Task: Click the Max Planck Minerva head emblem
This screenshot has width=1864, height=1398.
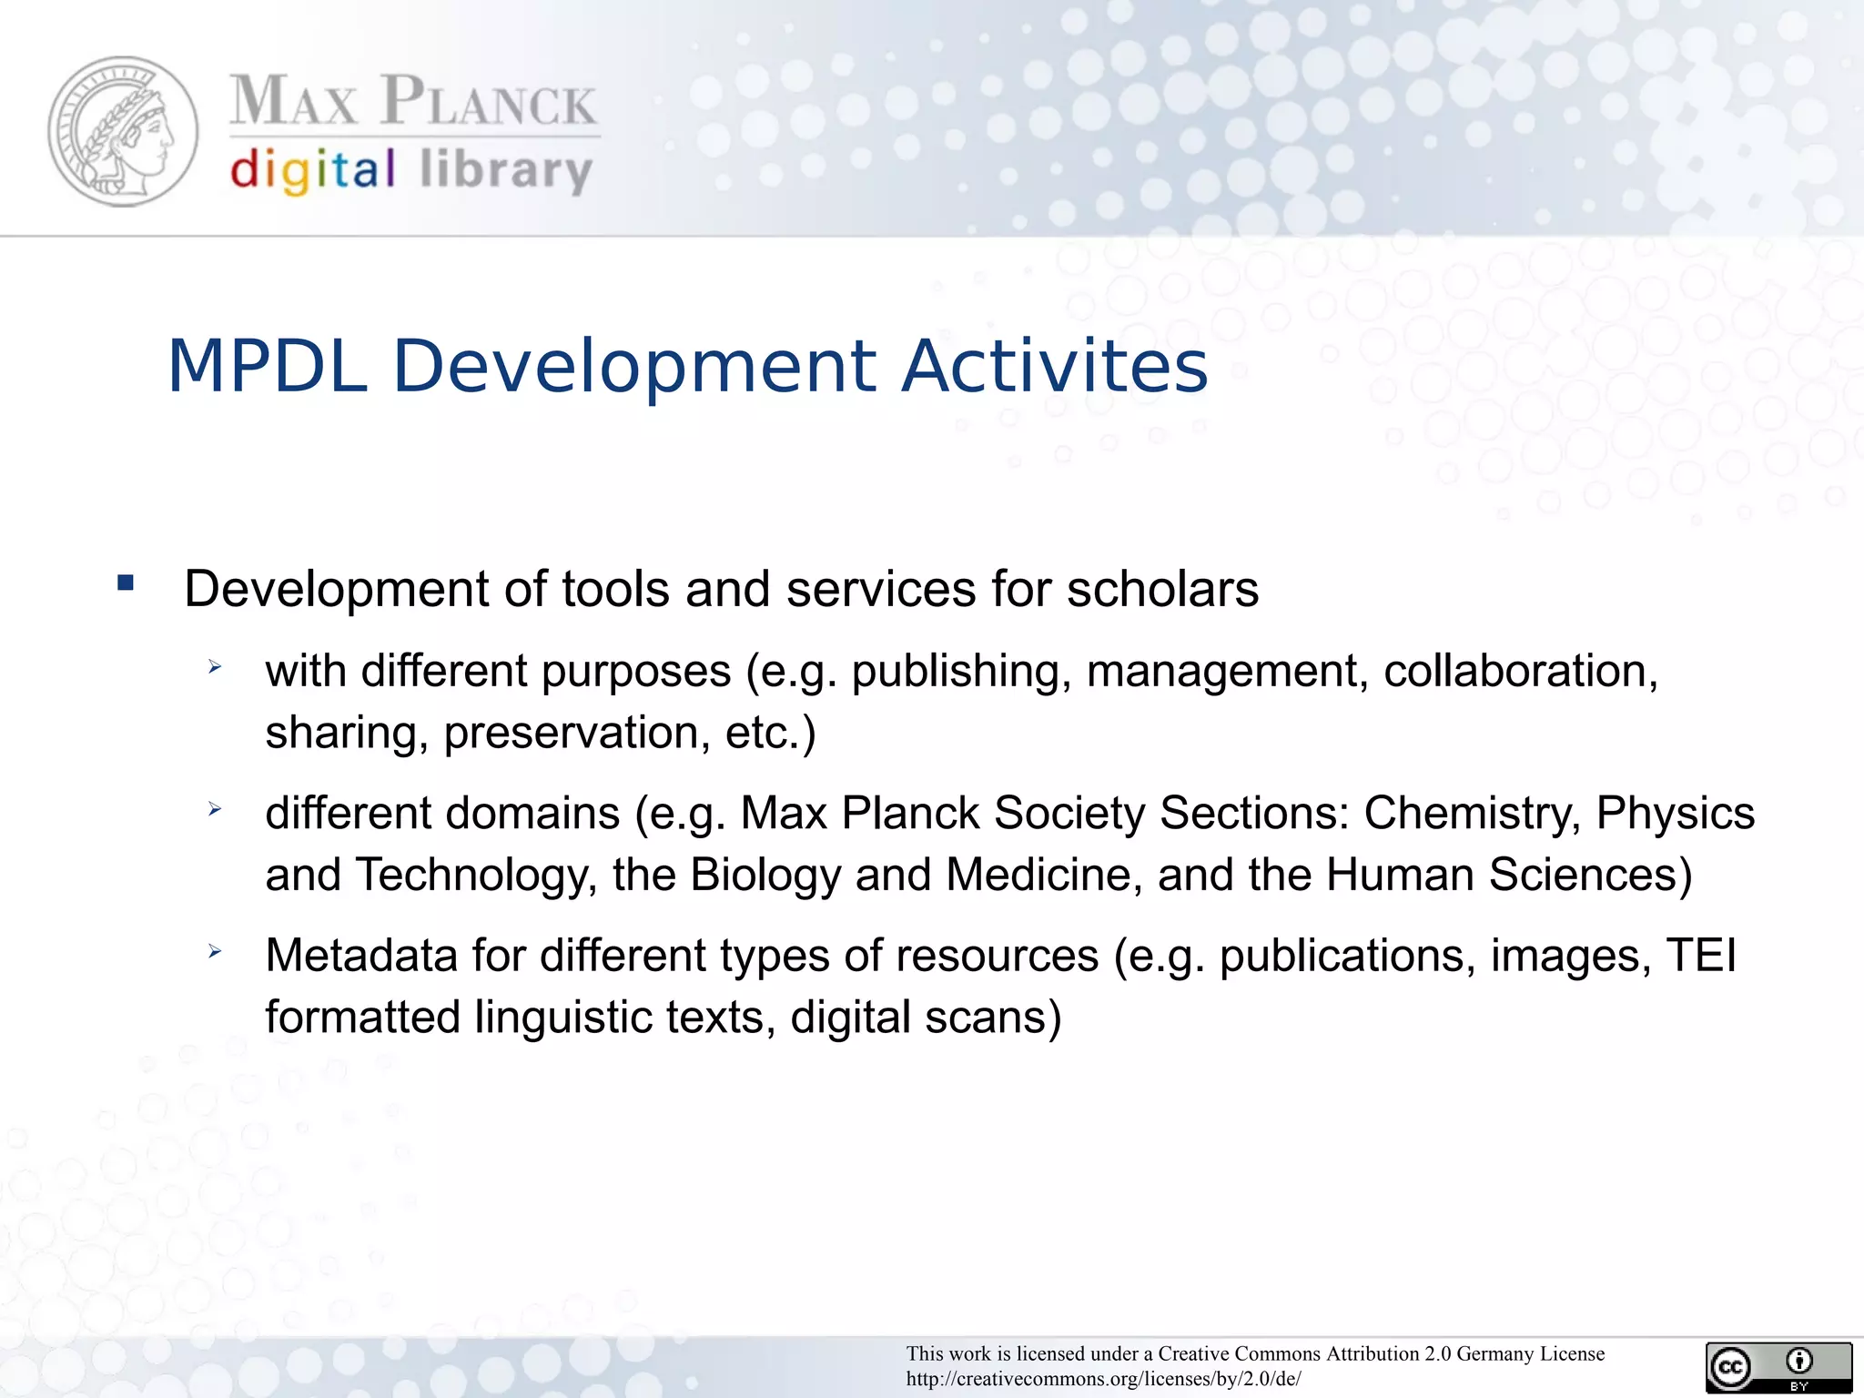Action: (123, 132)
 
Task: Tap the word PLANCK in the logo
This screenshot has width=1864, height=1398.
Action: (489, 101)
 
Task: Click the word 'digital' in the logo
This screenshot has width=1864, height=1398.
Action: (312, 171)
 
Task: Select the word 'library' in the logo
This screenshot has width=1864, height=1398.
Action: (506, 171)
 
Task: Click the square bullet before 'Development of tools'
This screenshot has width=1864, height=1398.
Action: (126, 583)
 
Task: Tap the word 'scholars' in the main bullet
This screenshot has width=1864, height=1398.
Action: (1162, 589)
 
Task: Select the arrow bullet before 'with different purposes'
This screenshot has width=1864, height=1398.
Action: (215, 667)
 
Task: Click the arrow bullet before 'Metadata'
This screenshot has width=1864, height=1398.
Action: (215, 952)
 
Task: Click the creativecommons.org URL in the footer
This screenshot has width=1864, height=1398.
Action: (1103, 1379)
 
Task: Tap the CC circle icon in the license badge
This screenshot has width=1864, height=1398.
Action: (1730, 1367)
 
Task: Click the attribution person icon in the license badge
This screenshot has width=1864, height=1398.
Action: (1798, 1362)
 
